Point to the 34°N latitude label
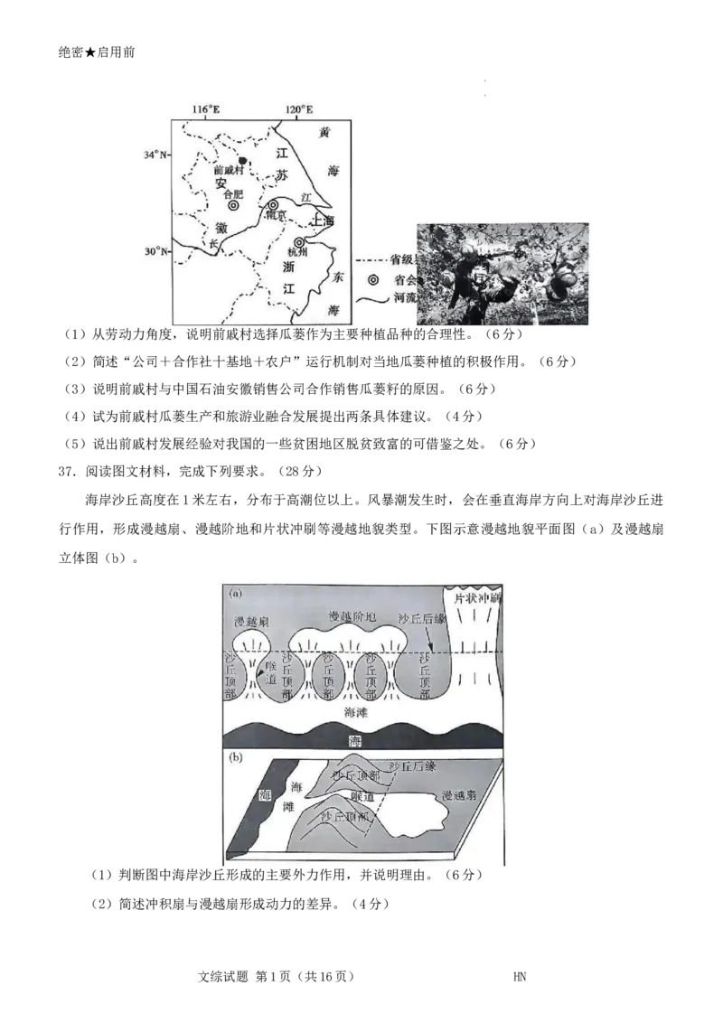(155, 155)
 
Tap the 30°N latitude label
(155, 250)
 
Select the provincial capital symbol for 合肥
(233, 206)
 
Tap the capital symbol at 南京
(273, 206)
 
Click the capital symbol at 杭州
(299, 242)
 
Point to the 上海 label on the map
(323, 221)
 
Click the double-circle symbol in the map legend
(371, 279)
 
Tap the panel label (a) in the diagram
(236, 595)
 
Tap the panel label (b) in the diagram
(235, 758)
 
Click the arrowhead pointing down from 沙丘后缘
(432, 647)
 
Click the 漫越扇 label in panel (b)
(459, 796)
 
